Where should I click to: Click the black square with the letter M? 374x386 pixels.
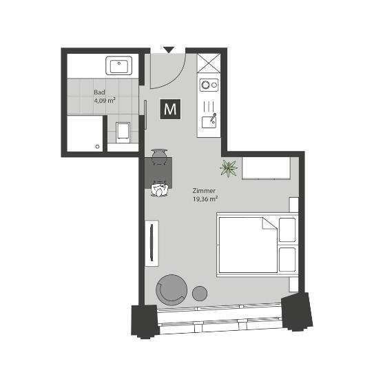(x=170, y=110)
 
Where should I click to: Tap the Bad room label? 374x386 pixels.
(x=99, y=92)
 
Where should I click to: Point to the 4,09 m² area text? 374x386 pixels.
(x=104, y=100)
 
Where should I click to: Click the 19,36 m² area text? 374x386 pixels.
(x=205, y=199)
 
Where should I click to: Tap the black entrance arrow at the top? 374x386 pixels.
(x=169, y=50)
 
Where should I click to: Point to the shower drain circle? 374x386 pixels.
(x=98, y=146)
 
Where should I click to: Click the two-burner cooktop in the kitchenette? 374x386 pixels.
(x=208, y=85)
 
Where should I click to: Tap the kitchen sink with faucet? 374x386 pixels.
(x=208, y=121)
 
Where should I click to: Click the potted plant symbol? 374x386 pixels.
(x=228, y=167)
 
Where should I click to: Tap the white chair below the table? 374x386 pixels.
(x=160, y=190)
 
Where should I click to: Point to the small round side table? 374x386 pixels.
(x=200, y=292)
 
